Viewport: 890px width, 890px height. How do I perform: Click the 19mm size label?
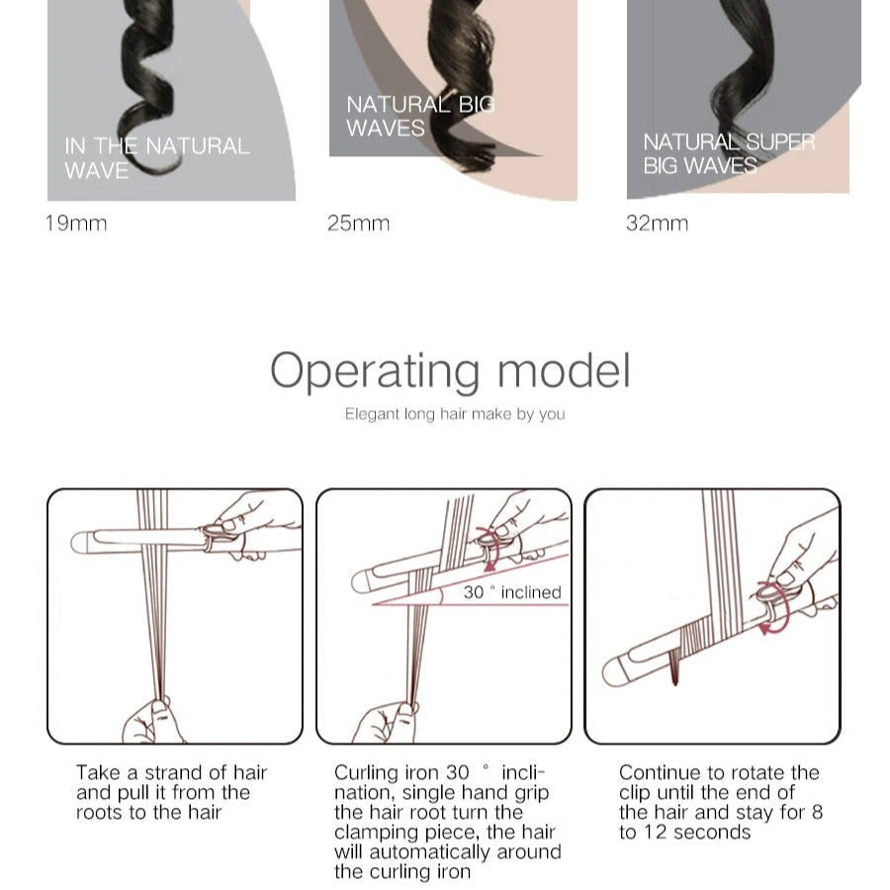76,223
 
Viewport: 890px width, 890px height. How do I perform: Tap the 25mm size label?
358,223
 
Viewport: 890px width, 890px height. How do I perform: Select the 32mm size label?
657,223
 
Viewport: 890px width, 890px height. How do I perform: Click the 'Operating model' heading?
450,371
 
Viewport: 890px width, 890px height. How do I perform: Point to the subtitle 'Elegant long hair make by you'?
455,413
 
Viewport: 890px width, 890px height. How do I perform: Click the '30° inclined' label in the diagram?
512,592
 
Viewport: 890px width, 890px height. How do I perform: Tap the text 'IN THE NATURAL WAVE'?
156,158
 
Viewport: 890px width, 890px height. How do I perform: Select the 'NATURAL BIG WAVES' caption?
420,117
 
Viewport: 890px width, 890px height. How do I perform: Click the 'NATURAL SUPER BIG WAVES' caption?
729,154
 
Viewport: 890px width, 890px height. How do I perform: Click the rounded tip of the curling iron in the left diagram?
78,543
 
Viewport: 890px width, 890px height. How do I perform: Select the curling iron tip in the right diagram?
613,673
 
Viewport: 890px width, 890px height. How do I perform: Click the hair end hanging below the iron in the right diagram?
674,668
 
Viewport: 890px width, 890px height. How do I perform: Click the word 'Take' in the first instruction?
98,772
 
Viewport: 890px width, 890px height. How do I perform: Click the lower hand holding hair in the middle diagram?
386,722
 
